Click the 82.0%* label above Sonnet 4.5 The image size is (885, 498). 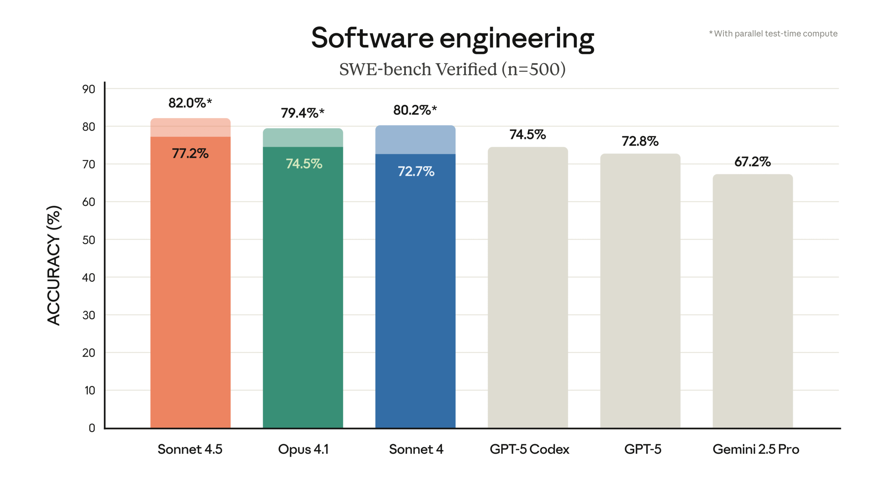point(190,103)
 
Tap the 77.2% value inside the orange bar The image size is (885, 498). point(190,153)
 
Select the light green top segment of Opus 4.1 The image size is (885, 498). point(303,138)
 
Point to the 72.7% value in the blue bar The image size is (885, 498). point(416,171)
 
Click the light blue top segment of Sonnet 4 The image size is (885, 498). point(415,140)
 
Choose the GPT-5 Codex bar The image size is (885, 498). point(528,287)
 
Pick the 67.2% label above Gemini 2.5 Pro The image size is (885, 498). point(752,162)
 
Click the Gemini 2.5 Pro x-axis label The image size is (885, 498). point(756,449)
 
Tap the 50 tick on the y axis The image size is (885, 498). point(89,240)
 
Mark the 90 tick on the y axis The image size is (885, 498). point(89,89)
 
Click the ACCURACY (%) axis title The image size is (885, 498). point(54,265)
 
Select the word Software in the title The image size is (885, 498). point(372,38)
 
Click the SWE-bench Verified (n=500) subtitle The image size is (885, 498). point(452,69)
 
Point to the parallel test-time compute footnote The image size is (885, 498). point(773,34)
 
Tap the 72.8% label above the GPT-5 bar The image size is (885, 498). point(640,141)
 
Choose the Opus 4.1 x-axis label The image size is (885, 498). point(303,449)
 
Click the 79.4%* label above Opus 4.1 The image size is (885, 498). point(302,113)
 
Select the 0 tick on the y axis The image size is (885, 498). point(92,428)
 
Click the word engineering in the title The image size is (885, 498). point(516,39)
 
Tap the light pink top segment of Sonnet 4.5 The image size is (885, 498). point(190,128)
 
